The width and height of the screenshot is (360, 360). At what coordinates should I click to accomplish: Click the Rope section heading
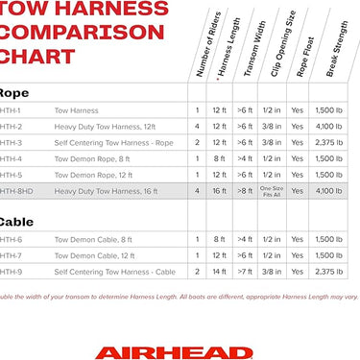pos(13,94)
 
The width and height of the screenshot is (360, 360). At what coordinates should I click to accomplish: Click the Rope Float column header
pos(306,63)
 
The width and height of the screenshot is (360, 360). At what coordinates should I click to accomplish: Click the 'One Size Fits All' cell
pos(273,191)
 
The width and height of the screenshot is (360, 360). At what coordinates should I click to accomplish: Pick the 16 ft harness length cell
pos(221,191)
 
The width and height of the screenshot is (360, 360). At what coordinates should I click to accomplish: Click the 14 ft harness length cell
pos(221,272)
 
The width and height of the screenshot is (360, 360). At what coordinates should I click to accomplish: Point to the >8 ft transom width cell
pos(246,191)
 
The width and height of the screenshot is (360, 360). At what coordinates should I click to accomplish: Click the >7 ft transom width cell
pos(246,272)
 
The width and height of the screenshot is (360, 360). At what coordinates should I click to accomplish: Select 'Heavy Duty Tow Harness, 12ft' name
pos(103,126)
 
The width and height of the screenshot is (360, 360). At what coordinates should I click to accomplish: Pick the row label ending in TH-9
pos(11,272)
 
